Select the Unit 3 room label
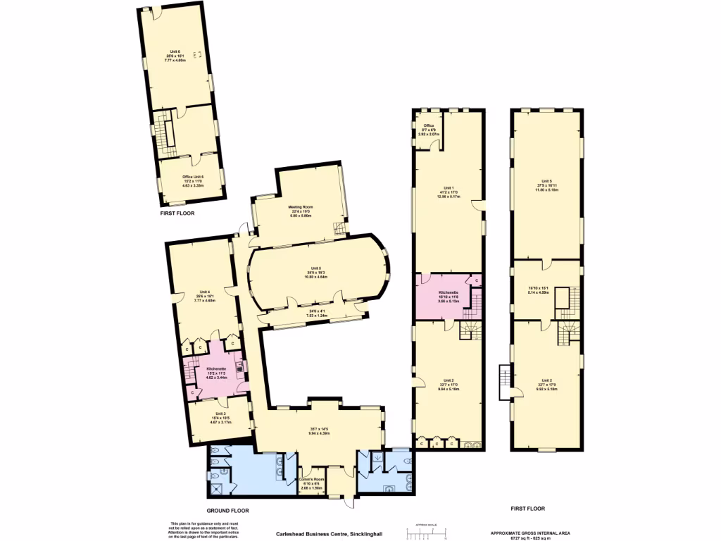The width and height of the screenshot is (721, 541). tap(220, 413)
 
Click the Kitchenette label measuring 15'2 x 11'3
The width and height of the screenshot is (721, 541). tap(215, 369)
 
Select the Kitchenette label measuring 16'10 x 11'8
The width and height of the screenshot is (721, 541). tap(449, 292)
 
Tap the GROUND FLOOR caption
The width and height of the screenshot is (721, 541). tap(227, 510)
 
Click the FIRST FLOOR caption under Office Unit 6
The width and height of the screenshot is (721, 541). tap(177, 212)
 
